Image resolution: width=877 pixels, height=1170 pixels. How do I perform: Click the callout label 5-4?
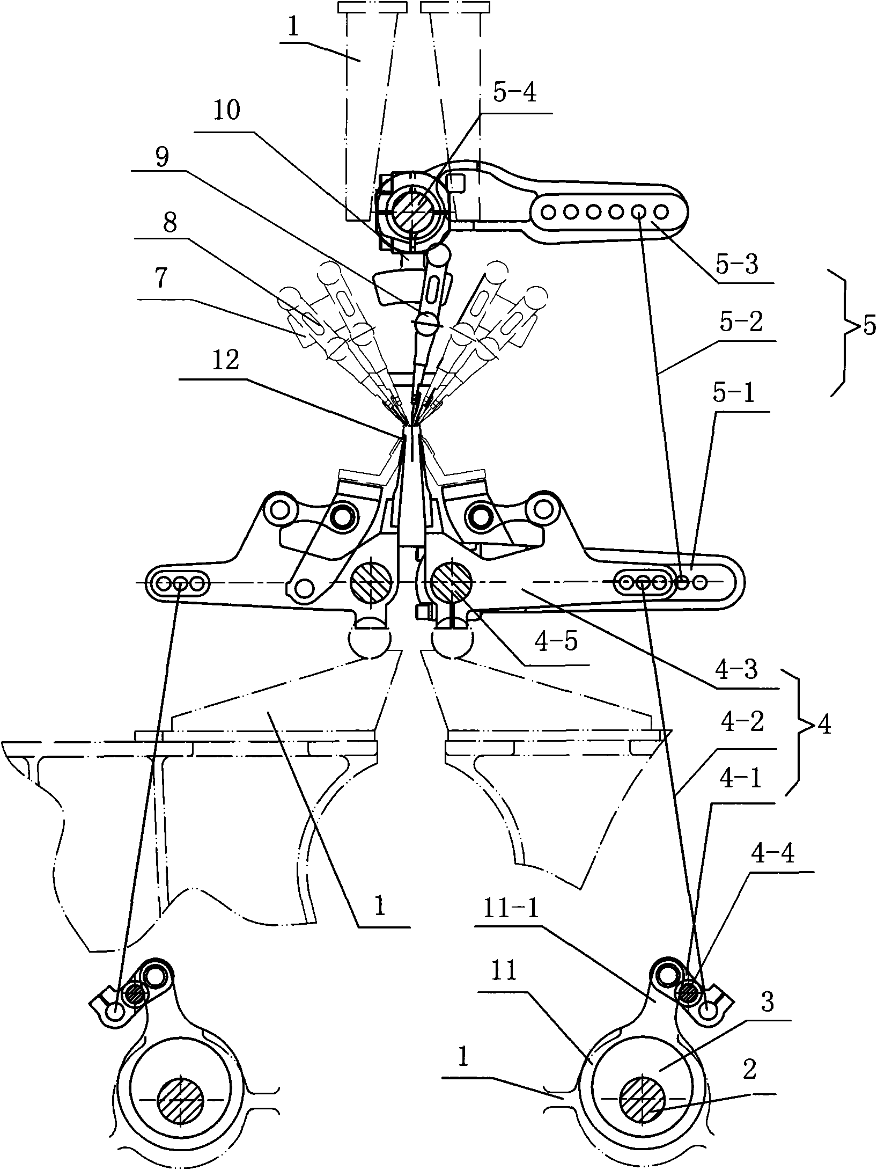[x=514, y=94]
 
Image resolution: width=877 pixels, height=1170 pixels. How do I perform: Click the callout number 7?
[x=159, y=278]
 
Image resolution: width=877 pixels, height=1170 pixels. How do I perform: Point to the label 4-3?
[x=740, y=670]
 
